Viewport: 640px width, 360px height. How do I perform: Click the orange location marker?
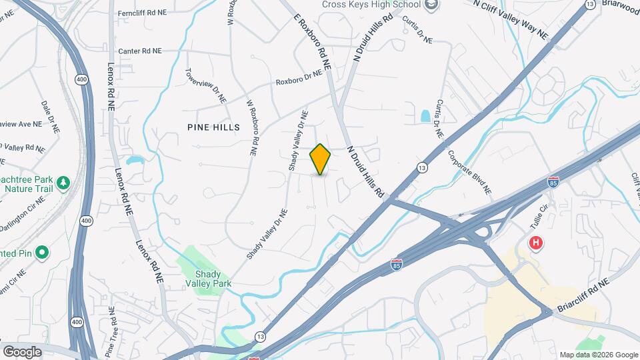(x=320, y=159)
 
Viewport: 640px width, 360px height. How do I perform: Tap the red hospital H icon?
(x=535, y=243)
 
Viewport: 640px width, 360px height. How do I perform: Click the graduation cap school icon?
(x=433, y=5)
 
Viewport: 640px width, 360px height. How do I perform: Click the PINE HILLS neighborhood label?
(x=213, y=127)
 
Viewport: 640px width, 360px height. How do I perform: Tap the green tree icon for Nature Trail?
(x=63, y=182)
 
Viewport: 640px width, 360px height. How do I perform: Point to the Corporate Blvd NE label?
(x=469, y=171)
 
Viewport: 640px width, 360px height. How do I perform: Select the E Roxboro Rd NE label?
(x=312, y=41)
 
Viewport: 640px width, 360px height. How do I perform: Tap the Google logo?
(x=22, y=351)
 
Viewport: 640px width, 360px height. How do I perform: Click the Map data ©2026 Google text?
(x=598, y=355)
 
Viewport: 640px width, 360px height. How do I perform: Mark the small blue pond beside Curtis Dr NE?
(x=425, y=115)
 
